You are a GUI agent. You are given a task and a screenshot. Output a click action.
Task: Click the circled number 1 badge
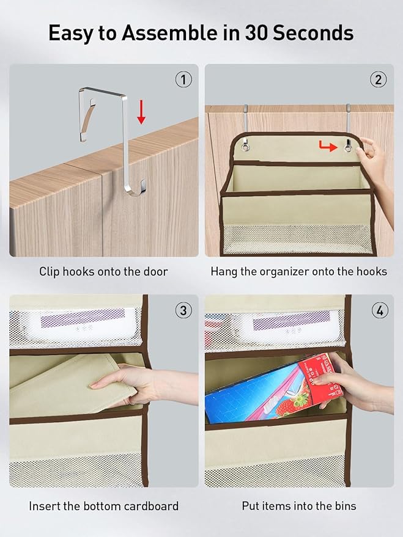183,79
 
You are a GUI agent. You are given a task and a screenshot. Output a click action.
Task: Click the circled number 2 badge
378,79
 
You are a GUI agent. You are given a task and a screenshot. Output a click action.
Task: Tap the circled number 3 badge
183,310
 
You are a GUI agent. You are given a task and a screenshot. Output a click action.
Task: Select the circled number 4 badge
379,310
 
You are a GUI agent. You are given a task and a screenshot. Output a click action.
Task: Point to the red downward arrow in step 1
141,112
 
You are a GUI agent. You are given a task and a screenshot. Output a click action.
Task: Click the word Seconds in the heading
316,33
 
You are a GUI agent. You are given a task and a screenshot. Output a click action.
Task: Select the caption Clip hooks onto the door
103,271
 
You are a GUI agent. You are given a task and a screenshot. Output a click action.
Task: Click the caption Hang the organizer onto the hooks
298,271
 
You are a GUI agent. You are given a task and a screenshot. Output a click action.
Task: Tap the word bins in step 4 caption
344,506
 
